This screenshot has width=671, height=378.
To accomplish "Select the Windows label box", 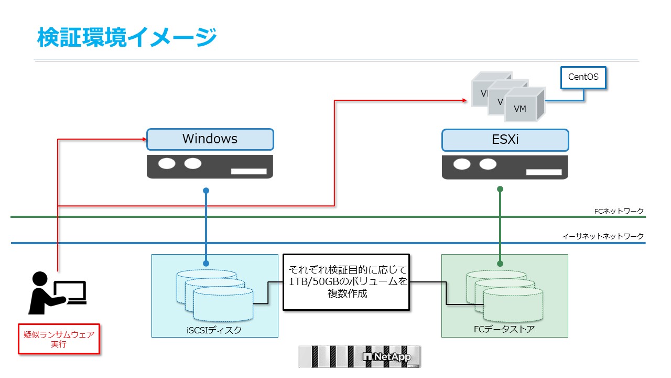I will point(210,139).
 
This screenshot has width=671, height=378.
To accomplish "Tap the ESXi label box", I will point(505,140).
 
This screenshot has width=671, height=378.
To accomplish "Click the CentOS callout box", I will point(583,78).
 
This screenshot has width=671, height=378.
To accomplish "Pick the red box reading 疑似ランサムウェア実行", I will point(59,339).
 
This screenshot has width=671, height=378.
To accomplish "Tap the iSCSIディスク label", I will point(214,330).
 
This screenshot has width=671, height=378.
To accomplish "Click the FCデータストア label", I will point(504,330).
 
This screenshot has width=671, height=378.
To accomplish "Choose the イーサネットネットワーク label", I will point(602,237).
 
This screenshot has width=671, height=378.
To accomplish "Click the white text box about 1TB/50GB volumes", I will point(346,282).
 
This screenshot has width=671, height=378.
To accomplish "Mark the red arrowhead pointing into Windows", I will point(144,139).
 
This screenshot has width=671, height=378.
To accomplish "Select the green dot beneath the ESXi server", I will point(500,189).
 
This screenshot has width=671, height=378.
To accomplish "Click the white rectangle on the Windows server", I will point(248,171).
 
